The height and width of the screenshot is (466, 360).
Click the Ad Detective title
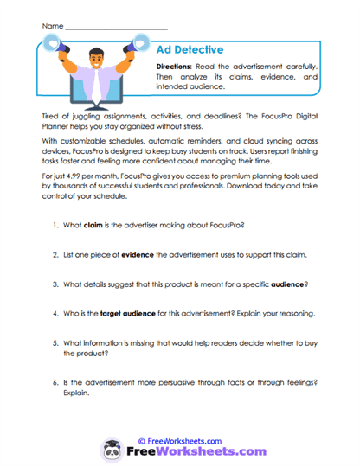pos(189,50)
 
